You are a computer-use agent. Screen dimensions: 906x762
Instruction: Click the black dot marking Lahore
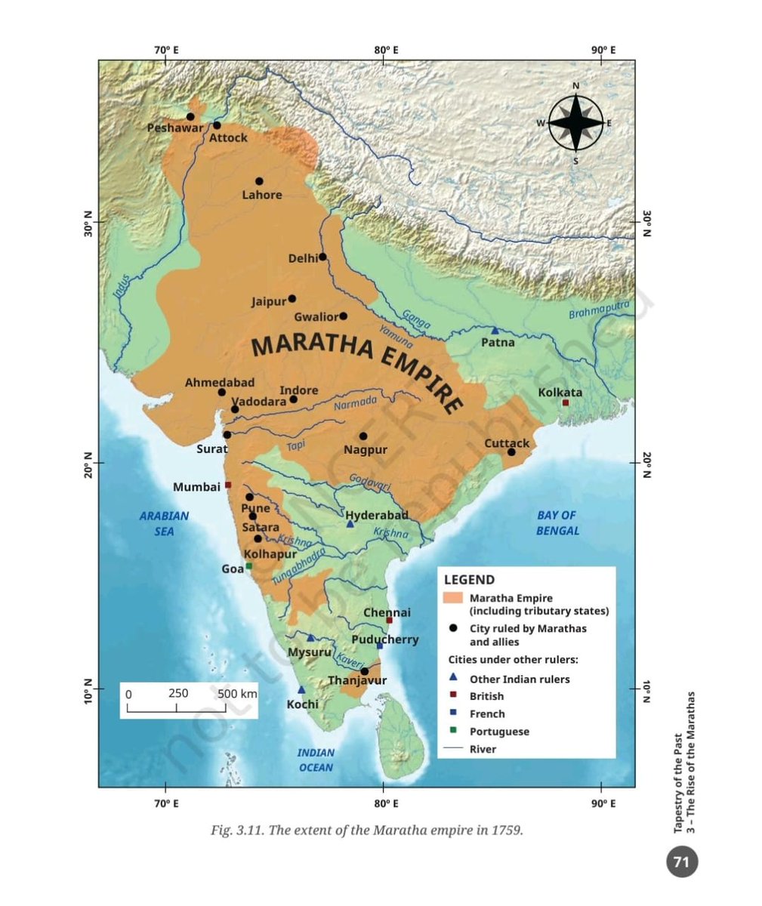(259, 181)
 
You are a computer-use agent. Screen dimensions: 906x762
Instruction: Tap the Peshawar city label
(174, 128)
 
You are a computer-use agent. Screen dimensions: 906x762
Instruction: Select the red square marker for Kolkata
(565, 402)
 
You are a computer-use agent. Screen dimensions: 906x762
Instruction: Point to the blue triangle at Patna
(495, 331)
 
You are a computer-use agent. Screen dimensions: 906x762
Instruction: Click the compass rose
(575, 123)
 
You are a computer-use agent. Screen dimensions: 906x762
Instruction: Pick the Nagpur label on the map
(366, 450)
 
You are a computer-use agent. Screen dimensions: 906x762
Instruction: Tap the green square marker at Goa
(248, 565)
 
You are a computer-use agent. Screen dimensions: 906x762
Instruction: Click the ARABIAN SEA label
(164, 523)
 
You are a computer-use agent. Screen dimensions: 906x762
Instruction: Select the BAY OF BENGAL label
(557, 522)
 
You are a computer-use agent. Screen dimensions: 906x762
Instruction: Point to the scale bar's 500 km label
(237, 694)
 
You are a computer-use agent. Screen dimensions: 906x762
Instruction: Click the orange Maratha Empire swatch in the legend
(452, 598)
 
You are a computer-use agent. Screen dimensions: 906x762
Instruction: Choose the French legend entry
(487, 713)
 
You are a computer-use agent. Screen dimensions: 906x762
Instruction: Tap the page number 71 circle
(681, 862)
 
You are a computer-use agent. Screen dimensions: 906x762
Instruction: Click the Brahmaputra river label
(599, 310)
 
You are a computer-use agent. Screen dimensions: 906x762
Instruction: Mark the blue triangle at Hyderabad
(350, 523)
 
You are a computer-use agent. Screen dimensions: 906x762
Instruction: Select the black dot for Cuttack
(511, 451)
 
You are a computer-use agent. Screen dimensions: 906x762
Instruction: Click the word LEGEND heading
(469, 580)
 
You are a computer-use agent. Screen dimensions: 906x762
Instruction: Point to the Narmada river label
(355, 404)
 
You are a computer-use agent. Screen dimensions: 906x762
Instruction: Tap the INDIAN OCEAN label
(315, 760)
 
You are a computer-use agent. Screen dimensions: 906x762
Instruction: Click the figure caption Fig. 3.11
(366, 830)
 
